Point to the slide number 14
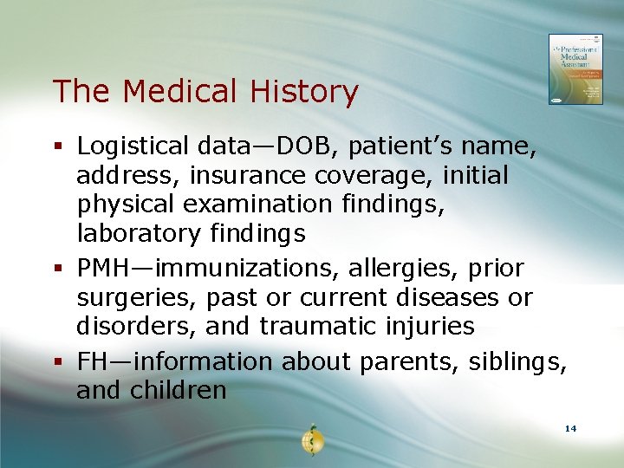click(570, 429)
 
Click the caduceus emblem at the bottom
click(311, 440)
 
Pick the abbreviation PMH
click(106, 269)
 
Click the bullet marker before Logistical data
click(58, 146)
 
